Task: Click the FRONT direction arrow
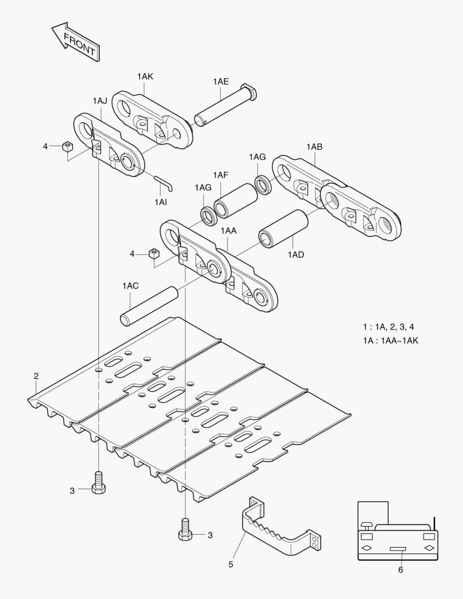pos(74,43)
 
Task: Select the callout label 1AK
pos(145,77)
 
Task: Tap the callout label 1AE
pos(220,81)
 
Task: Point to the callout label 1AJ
pos(100,100)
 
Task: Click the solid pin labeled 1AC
pos(149,306)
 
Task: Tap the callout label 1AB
pos(314,147)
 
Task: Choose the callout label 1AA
pos(228,230)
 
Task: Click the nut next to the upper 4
pos(68,146)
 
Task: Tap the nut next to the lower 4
pos(154,255)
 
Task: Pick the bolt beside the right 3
pos(185,528)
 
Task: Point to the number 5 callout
pos(231,565)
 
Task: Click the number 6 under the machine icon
pos(400,570)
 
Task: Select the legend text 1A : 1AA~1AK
pos(390,341)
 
